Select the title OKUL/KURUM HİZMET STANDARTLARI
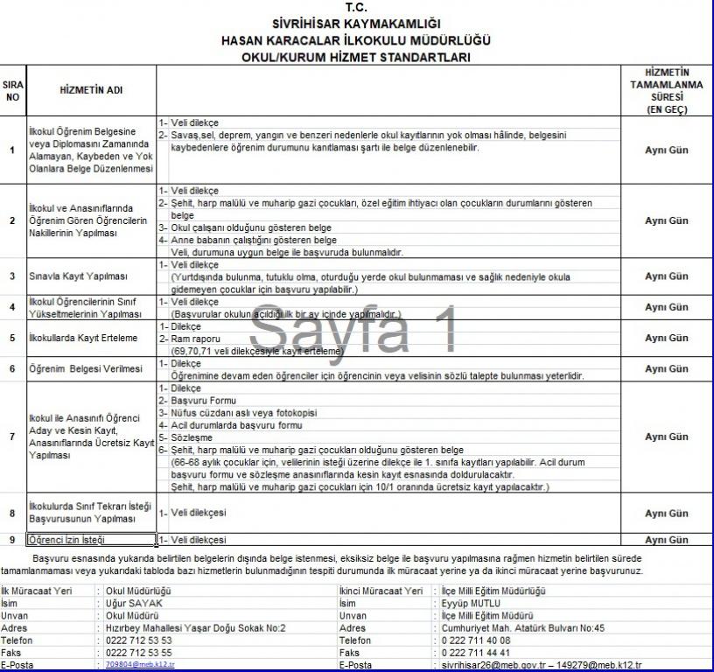coord(356,57)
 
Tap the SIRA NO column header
coord(12,90)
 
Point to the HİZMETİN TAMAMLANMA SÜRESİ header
coord(667,90)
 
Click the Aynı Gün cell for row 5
coord(667,338)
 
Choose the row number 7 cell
coord(12,437)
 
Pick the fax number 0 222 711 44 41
coord(477,653)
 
